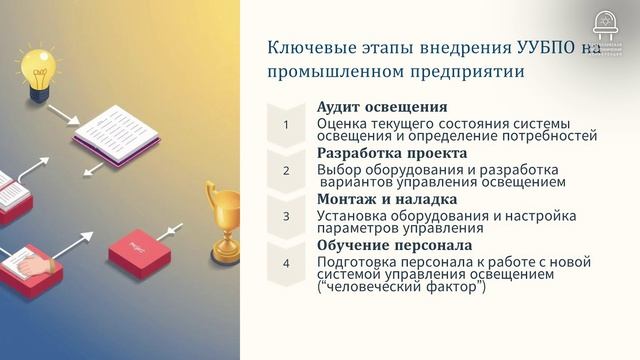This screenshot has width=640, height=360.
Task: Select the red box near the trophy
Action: [x=137, y=246]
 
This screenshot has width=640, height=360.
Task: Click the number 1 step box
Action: [x=286, y=125]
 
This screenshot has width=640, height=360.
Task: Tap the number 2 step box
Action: [x=286, y=170]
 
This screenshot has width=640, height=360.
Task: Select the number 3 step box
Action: [x=286, y=215]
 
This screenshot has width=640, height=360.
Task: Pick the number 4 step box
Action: [x=286, y=264]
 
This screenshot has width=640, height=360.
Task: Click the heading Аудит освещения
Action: [x=381, y=107]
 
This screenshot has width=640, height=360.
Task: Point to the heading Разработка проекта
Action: [x=391, y=153]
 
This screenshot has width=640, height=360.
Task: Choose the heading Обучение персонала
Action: [x=394, y=245]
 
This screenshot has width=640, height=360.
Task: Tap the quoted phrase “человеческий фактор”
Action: [x=400, y=288]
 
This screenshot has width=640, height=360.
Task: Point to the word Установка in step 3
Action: [x=350, y=215]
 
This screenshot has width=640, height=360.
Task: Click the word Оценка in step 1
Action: [x=340, y=123]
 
